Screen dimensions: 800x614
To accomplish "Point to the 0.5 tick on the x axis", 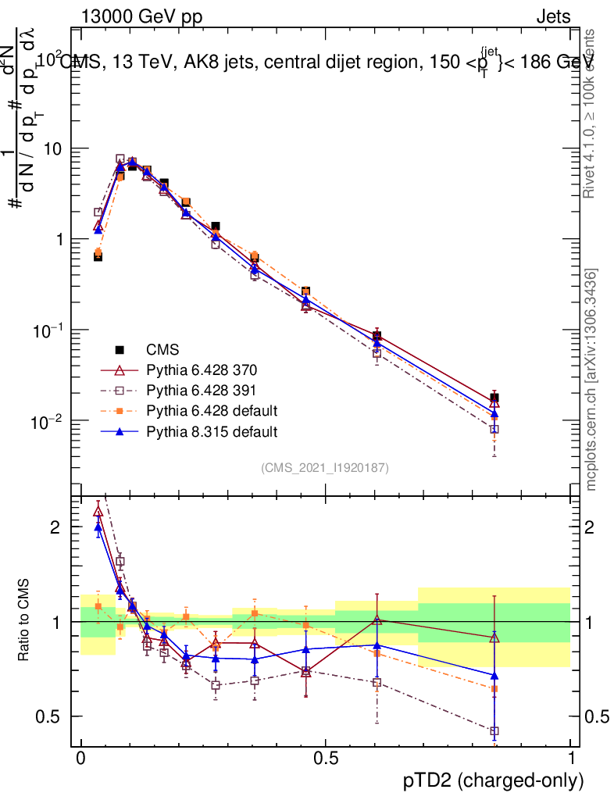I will pyautogui.click(x=325, y=759).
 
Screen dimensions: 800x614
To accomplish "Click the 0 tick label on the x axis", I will pyautogui.click(x=80, y=759).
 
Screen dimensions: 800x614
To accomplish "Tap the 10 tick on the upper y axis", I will pyautogui.click(x=54, y=148).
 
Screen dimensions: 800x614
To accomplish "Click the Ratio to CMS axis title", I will pyautogui.click(x=24, y=621).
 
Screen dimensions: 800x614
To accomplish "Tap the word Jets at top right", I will pyautogui.click(x=552, y=16).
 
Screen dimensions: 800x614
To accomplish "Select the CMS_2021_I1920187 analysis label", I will pyautogui.click(x=325, y=468).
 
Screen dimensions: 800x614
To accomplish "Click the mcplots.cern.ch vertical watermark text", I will pyautogui.click(x=591, y=380).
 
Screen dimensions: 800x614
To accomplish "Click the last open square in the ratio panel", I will pyautogui.click(x=494, y=731).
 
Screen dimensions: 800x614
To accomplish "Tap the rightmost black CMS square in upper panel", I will pyautogui.click(x=494, y=398).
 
